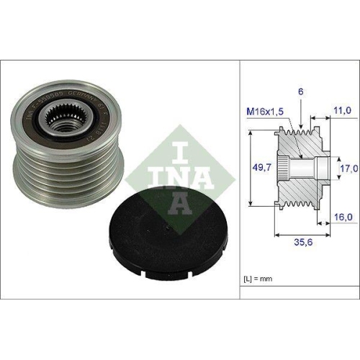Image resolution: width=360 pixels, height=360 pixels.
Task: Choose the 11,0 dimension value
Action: tap(341, 111)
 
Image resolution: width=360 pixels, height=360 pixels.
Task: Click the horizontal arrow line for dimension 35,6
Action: tap(302, 233)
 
